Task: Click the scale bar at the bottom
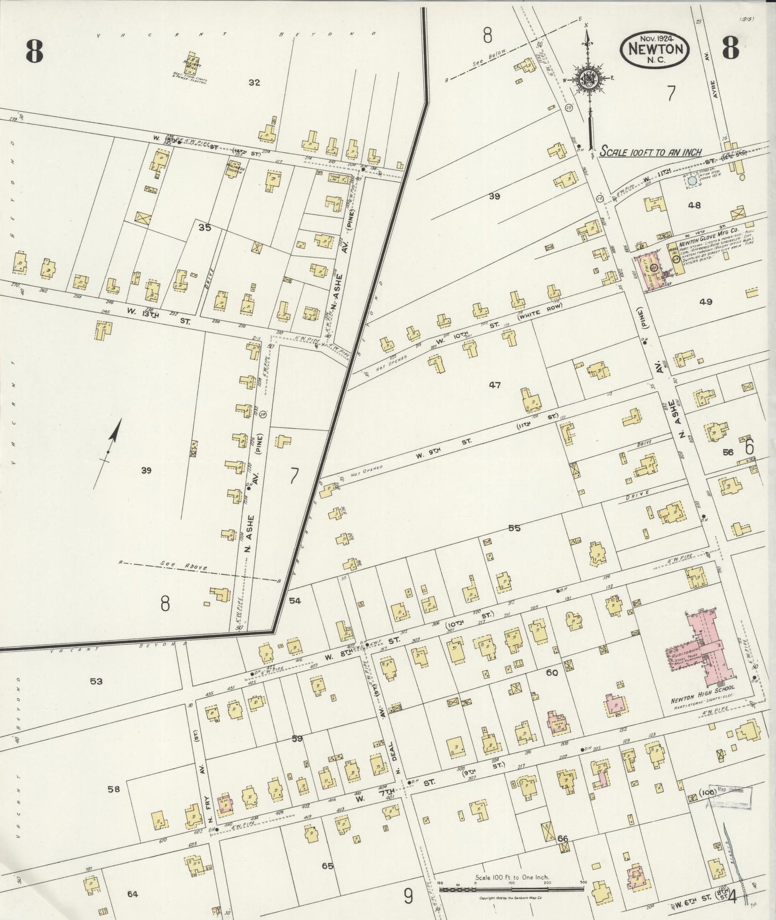(x=511, y=889)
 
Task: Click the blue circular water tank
(x=693, y=181)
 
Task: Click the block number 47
(x=494, y=385)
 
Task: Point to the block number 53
(x=96, y=681)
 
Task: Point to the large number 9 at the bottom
(x=408, y=895)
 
